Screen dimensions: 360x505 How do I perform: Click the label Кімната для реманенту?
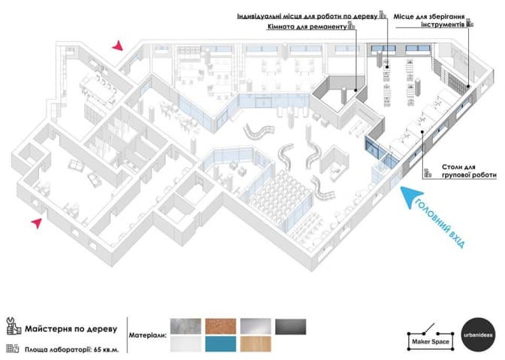click(x=306, y=26)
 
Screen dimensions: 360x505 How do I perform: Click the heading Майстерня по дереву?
click(x=71, y=328)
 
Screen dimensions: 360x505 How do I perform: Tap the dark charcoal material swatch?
click(x=290, y=327)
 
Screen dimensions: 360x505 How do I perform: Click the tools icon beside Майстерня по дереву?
click(x=13, y=328)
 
